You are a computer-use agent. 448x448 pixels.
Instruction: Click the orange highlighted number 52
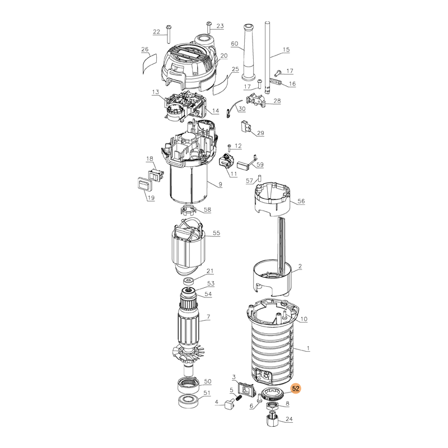click(296, 389)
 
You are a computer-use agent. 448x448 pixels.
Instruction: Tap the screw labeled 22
click(168, 34)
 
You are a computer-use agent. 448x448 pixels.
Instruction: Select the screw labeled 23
click(209, 27)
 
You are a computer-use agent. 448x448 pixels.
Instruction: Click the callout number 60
click(234, 44)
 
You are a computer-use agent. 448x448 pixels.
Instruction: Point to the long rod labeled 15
click(268, 57)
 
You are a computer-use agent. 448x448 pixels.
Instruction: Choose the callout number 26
click(145, 49)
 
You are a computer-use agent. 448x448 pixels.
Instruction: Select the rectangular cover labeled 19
click(143, 184)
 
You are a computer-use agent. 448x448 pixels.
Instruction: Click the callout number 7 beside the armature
click(208, 316)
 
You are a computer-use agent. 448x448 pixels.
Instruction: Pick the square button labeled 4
click(229, 404)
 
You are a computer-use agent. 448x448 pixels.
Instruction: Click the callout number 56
click(301, 201)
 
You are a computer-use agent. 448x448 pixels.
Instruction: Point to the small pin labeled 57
click(260, 178)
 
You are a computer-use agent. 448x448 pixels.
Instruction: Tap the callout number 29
click(260, 133)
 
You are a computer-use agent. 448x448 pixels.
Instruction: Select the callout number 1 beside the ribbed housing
click(308, 348)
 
